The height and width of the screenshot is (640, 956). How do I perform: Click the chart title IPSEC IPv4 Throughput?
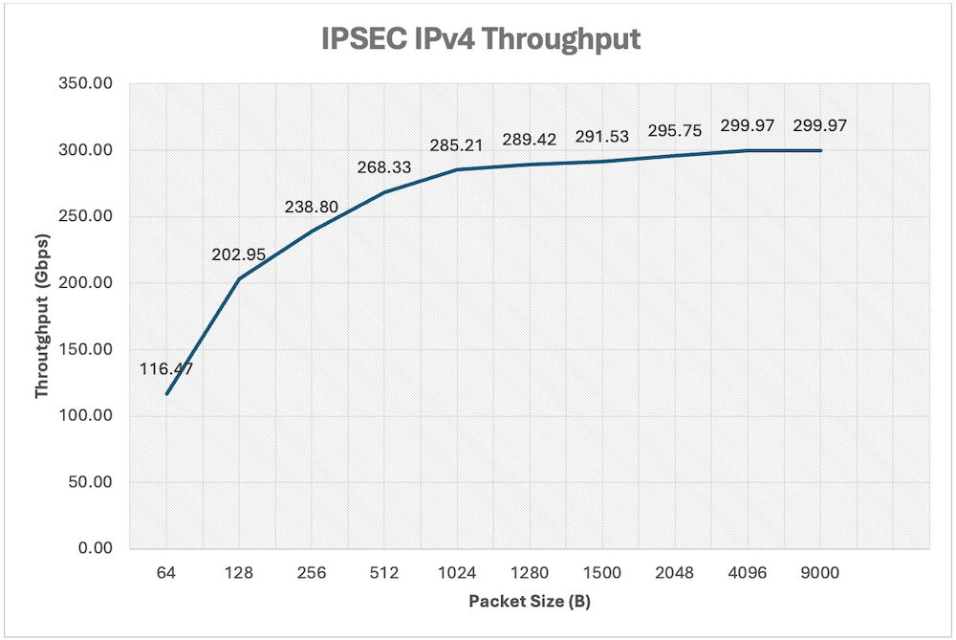[x=478, y=41]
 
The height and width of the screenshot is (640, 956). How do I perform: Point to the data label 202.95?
[x=239, y=255]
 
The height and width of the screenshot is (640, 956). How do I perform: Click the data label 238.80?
[x=312, y=207]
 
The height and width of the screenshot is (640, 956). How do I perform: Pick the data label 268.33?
[x=384, y=167]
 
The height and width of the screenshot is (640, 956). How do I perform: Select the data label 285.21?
[x=457, y=145]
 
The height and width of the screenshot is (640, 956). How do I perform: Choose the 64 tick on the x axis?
[x=166, y=573]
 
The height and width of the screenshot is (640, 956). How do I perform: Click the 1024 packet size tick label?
[x=457, y=573]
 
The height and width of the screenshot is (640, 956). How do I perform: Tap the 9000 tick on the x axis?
[x=820, y=573]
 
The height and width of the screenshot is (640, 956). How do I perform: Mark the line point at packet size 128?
[x=239, y=278]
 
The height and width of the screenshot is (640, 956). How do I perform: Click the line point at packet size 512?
[x=384, y=192]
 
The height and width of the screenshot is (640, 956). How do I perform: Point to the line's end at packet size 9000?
[x=820, y=150]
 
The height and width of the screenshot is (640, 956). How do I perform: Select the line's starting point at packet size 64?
[x=166, y=393]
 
